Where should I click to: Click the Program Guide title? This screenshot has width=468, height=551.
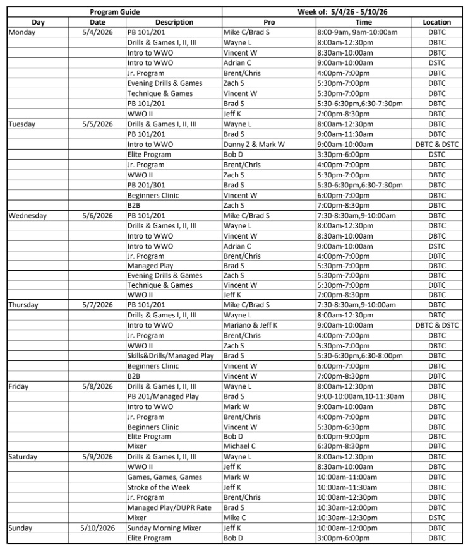click(x=114, y=12)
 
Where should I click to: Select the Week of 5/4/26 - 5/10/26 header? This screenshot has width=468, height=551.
click(x=344, y=12)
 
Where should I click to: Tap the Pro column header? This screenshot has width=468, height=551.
click(x=268, y=22)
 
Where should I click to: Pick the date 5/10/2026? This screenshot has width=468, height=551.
click(x=97, y=528)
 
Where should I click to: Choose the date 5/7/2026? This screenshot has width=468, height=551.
click(x=97, y=305)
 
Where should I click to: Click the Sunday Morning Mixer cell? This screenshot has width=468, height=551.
click(x=159, y=528)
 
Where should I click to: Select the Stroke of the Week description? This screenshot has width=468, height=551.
click(x=159, y=487)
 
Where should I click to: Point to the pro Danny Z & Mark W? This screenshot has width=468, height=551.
click(x=254, y=145)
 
